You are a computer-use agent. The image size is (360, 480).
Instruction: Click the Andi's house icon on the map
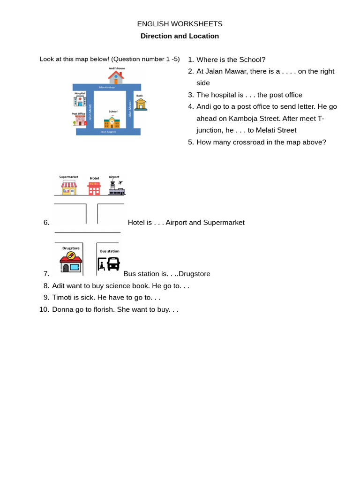click(x=116, y=77)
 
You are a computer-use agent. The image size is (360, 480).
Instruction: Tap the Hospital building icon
click(x=80, y=101)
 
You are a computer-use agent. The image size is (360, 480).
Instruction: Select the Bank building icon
click(x=141, y=104)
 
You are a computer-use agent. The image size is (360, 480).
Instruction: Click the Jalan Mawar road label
click(x=130, y=113)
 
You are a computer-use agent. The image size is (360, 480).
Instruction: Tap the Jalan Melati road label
click(x=90, y=113)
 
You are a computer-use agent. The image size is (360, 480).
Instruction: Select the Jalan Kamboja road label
click(x=106, y=87)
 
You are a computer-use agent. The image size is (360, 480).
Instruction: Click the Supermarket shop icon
click(x=69, y=187)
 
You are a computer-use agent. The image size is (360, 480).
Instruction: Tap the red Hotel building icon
click(x=94, y=188)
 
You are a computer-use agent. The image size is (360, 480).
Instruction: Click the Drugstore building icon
click(x=71, y=262)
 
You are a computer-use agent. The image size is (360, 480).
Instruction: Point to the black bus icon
click(x=113, y=263)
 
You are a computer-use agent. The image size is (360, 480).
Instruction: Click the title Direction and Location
click(x=180, y=36)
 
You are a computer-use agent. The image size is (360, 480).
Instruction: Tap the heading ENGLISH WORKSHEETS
click(x=180, y=24)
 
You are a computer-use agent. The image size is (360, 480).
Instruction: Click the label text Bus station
click(x=110, y=251)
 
